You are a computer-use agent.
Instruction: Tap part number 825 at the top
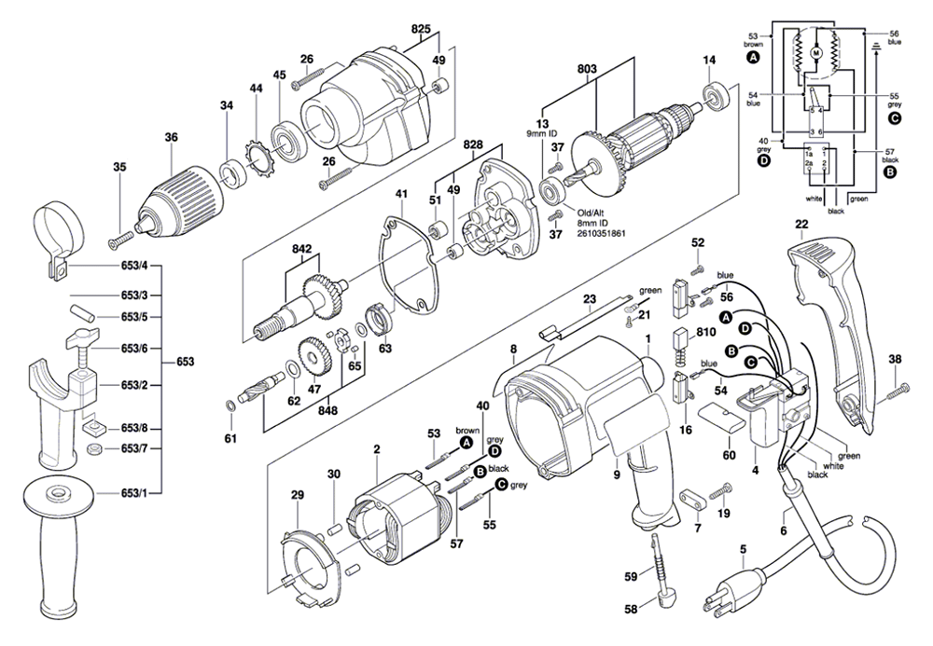click(x=420, y=30)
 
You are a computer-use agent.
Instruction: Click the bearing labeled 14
click(x=717, y=96)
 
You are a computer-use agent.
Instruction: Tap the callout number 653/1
click(x=135, y=492)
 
